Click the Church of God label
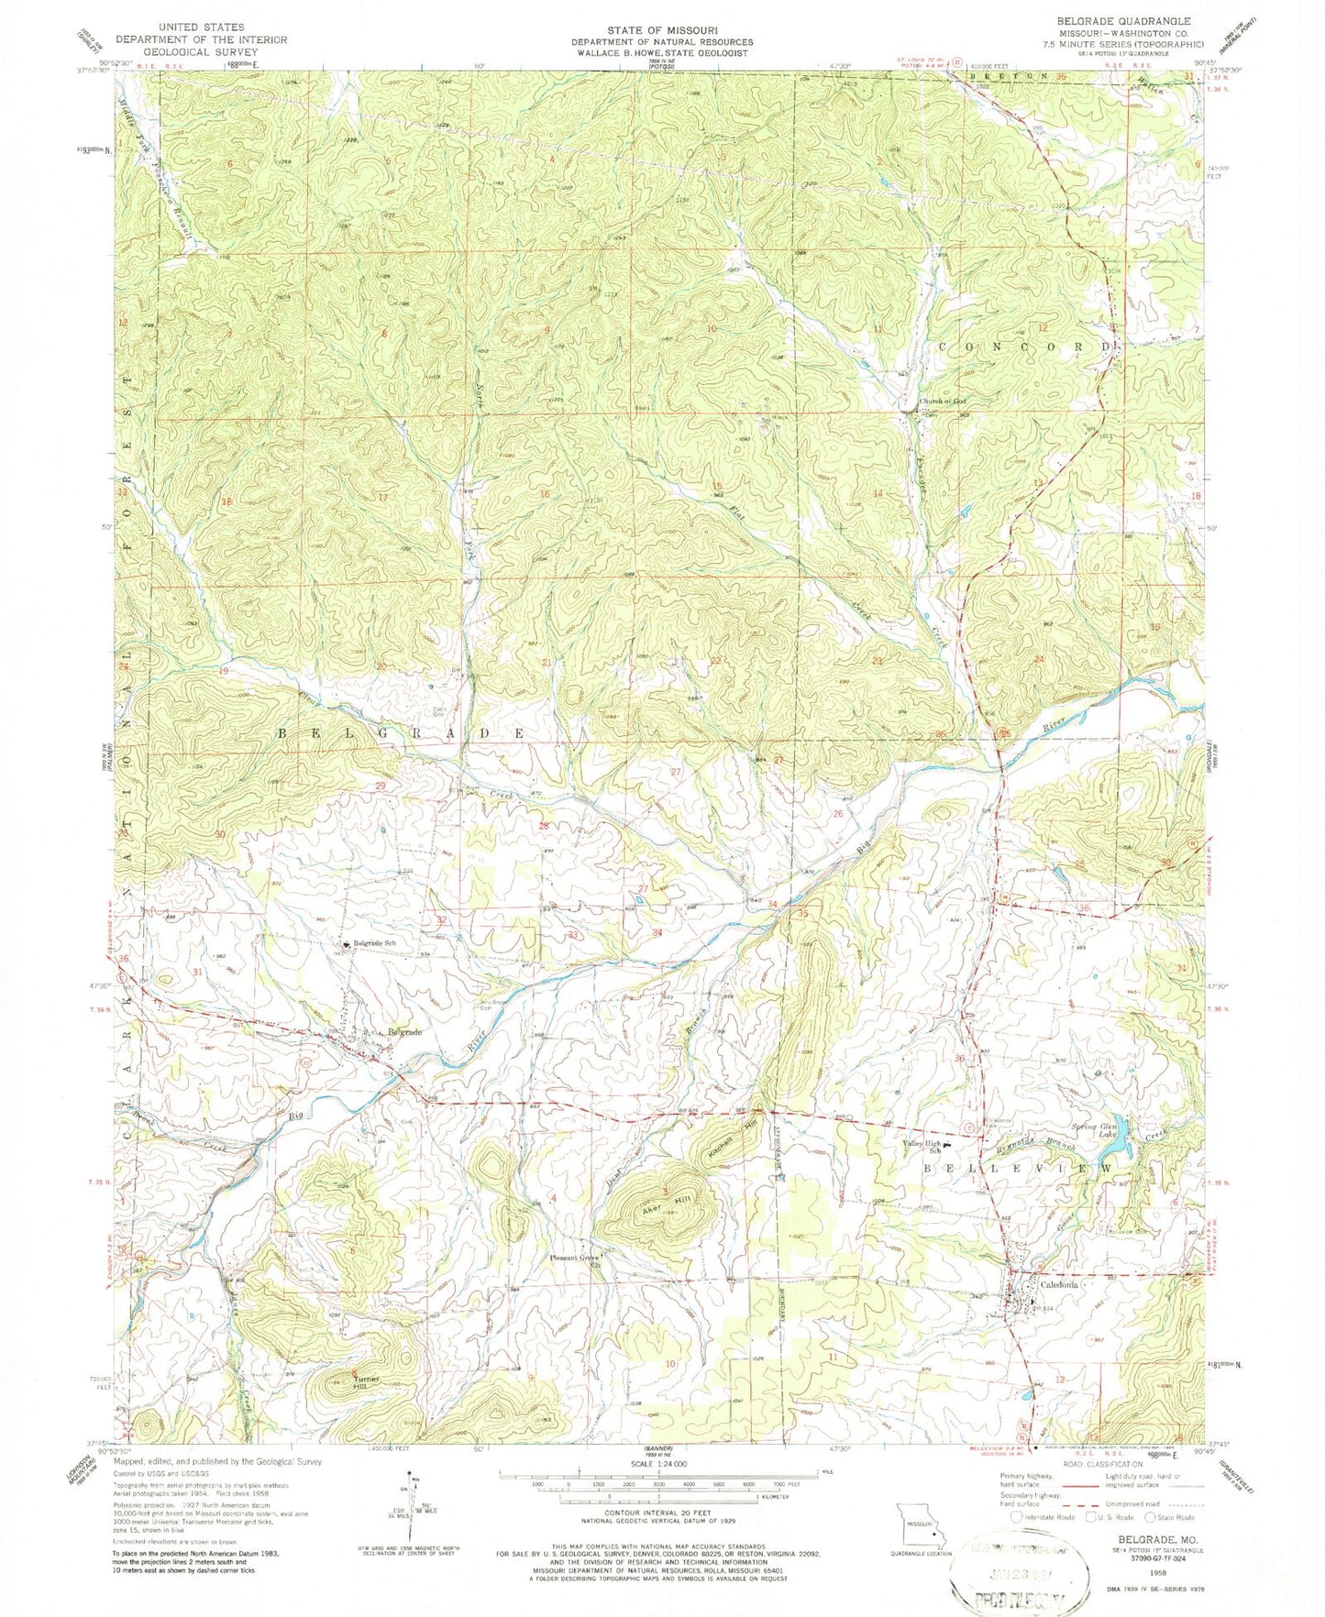[943, 401]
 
